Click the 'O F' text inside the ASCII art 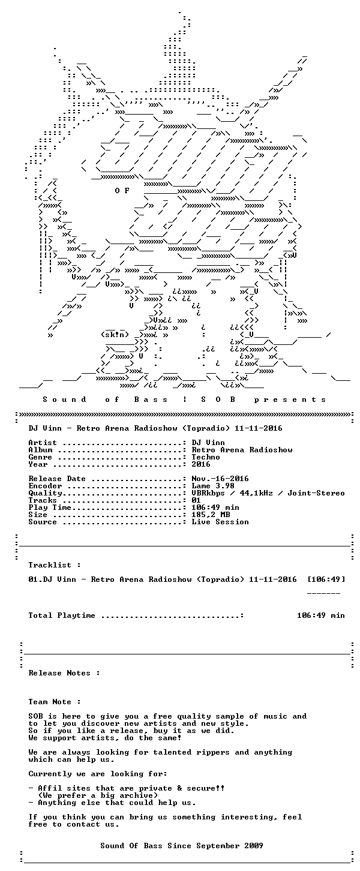point(122,191)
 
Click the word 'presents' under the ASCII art point(298,400)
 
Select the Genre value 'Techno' point(206,457)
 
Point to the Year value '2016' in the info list point(201,464)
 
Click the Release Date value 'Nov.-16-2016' point(220,479)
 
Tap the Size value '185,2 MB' point(211,515)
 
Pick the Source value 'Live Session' point(220,522)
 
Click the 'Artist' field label point(43,443)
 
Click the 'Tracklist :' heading point(55,565)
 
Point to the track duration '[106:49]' point(326,579)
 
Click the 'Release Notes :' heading point(64,673)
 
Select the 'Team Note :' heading point(55,702)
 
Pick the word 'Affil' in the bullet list point(50,788)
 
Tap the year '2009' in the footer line point(254,846)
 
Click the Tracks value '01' point(196,500)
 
